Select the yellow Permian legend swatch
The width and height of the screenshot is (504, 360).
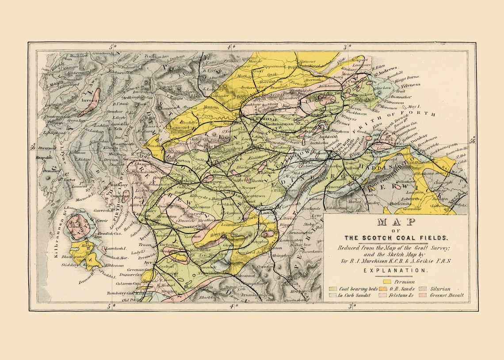[x=387, y=281]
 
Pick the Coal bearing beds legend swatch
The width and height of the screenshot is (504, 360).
[x=334, y=289]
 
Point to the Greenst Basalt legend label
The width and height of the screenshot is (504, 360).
[x=447, y=295]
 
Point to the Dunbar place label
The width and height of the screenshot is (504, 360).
[x=419, y=137]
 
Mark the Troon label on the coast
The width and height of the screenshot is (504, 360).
[x=145, y=245]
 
